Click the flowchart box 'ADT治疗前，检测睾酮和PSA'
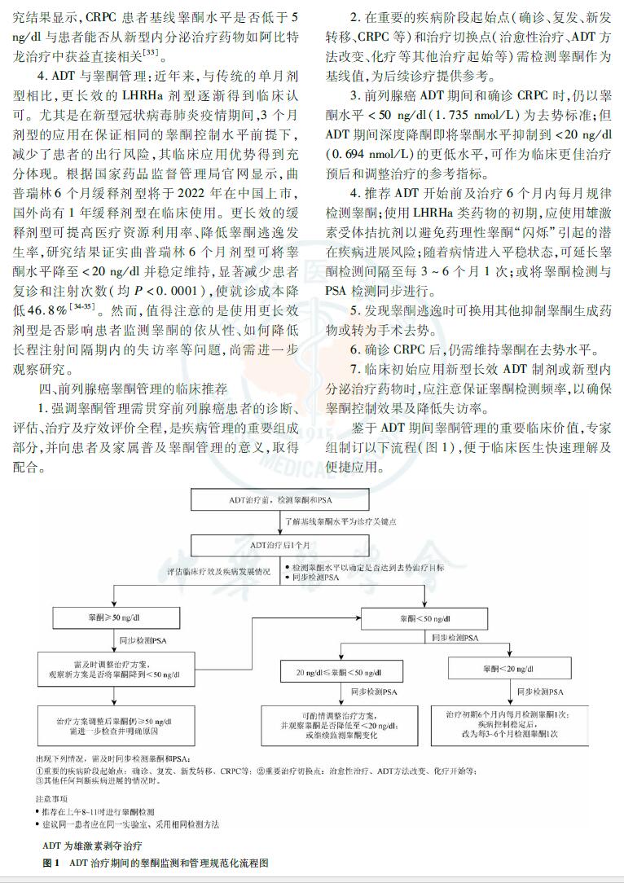[281, 499]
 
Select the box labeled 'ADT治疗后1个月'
[281, 543]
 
